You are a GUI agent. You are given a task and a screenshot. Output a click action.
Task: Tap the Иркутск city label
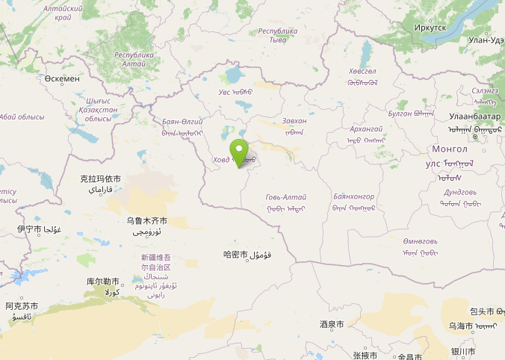pyautogui.click(x=430, y=28)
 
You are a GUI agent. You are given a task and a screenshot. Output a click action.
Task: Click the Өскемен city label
pyautogui.click(x=61, y=78)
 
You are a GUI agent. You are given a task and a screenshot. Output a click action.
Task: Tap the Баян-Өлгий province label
pyautogui.click(x=182, y=121)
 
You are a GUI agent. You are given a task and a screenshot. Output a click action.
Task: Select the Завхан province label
pyautogui.click(x=294, y=121)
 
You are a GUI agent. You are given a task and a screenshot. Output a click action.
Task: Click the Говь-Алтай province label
pyautogui.click(x=285, y=197)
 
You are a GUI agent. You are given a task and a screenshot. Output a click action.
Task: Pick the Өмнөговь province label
pyautogui.click(x=419, y=241)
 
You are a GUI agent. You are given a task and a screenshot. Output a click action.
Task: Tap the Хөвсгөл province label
pyautogui.click(x=362, y=71)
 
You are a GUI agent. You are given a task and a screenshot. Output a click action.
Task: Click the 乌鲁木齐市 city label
pyautogui.click(x=146, y=221)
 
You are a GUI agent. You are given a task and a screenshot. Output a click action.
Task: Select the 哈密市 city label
pyautogui.click(x=235, y=255)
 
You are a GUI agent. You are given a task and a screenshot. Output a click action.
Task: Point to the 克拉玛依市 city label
pyautogui.click(x=100, y=179)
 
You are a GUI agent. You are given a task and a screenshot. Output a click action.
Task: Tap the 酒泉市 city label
pyautogui.click(x=332, y=325)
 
